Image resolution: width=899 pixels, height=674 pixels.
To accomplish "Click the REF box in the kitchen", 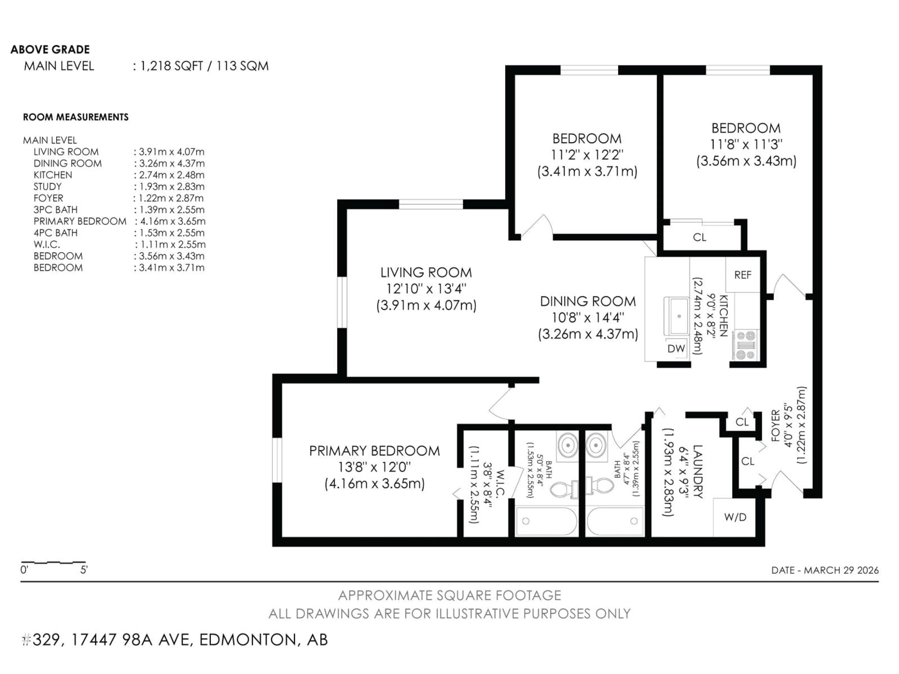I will pyautogui.click(x=743, y=275).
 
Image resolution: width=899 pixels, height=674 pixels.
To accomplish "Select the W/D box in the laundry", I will pyautogui.click(x=735, y=517).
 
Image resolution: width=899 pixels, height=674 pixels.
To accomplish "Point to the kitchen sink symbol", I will pyautogui.click(x=677, y=316).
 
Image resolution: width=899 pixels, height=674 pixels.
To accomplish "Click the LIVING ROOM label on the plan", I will pyautogui.click(x=426, y=272).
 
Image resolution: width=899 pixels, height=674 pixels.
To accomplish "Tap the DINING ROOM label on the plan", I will pyautogui.click(x=588, y=301).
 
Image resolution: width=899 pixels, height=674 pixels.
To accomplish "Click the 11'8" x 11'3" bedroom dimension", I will pyautogui.click(x=746, y=144).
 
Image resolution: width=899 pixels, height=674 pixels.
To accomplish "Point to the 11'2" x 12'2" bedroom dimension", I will pyautogui.click(x=587, y=155).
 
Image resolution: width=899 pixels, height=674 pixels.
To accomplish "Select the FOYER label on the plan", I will pyautogui.click(x=775, y=425).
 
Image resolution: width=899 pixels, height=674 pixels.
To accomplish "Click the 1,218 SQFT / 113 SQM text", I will pyautogui.click(x=204, y=66).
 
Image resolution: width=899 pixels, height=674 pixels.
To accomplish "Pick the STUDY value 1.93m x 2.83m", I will pyautogui.click(x=171, y=187).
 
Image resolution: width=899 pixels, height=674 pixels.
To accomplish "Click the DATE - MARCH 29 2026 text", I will pyautogui.click(x=825, y=570).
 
